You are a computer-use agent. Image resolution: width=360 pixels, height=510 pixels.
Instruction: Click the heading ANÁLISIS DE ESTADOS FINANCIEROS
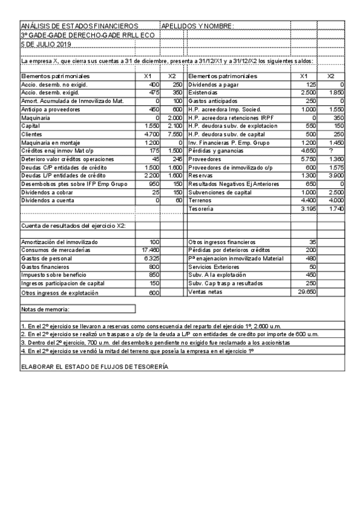point(79,26)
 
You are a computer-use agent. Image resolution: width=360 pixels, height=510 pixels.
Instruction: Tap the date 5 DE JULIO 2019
point(46,44)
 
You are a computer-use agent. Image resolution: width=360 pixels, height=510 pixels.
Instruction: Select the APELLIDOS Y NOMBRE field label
point(197,26)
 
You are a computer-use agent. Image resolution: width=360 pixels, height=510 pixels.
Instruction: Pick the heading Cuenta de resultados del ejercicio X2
point(78,226)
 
